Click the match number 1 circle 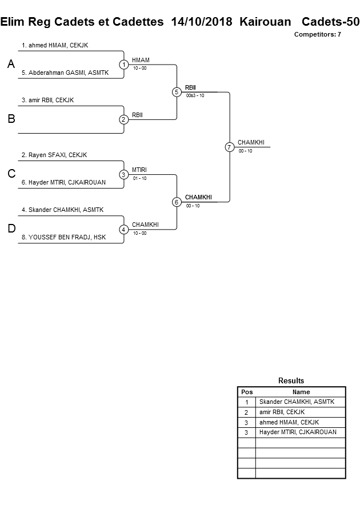123,64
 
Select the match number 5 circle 177,92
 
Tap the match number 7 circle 229,147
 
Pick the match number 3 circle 123,174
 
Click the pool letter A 11,65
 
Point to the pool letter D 11,229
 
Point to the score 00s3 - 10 195,95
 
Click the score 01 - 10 139,178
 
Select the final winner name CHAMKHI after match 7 251,142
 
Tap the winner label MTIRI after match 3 139,170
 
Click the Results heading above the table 291,380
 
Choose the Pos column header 246,392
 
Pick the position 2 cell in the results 246,412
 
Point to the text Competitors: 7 317,34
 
